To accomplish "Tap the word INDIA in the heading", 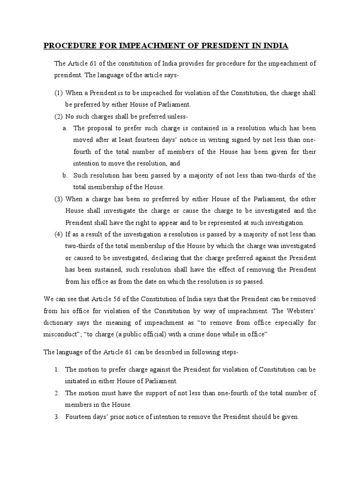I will point(275,46).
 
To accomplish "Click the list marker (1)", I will point(59,92).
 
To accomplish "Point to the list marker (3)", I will point(59,198).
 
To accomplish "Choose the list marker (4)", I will point(59,234).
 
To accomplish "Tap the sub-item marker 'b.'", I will point(65,175).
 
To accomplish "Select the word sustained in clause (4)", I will point(104,270).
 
